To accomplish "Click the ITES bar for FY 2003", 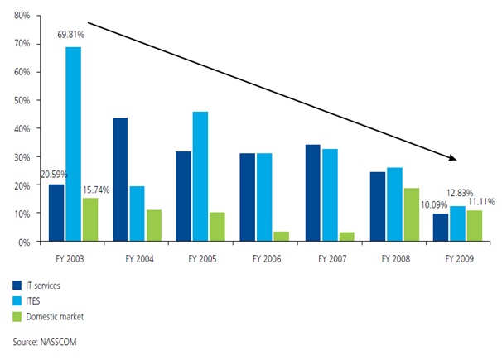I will pyautogui.click(x=74, y=144).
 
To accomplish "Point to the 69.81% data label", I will pyautogui.click(x=72, y=36).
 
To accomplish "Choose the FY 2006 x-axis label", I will pyautogui.click(x=265, y=258).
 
